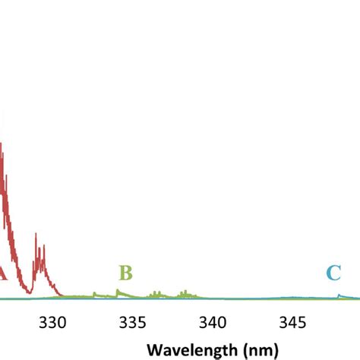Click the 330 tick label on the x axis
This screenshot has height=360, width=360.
coord(53,321)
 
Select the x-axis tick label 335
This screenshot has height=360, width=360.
coord(133,321)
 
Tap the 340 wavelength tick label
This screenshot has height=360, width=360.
coord(213,321)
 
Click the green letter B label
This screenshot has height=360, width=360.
coord(126,272)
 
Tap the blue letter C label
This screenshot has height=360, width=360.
coord(333,273)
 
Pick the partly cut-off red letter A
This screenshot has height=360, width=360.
coord(2,273)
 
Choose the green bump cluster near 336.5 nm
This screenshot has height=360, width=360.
coord(156,292)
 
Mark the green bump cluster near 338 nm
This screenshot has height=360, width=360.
coord(183,292)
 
